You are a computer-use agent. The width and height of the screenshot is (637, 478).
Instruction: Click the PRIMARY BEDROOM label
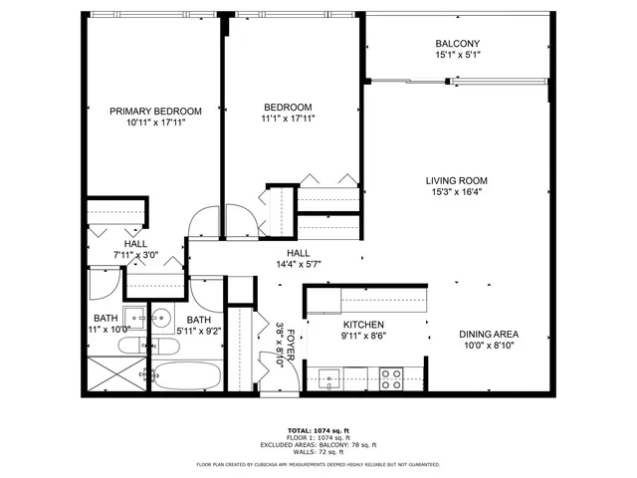[x=156, y=111]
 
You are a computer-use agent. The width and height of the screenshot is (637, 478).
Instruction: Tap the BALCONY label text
[x=457, y=44]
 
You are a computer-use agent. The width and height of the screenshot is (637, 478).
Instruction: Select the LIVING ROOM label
[x=457, y=180]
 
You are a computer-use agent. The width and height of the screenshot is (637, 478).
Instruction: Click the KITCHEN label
[x=363, y=325]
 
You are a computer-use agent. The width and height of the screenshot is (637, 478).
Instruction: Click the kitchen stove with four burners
[x=390, y=377]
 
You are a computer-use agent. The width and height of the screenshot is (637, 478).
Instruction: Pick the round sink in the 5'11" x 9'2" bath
[x=160, y=320]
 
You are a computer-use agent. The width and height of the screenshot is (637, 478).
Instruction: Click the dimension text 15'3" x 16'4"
[x=457, y=194]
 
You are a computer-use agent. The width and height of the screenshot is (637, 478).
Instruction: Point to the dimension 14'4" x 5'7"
[x=300, y=266]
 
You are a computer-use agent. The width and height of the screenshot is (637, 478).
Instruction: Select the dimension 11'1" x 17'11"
[x=288, y=120]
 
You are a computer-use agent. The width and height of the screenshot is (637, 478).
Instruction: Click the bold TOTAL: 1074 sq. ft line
[x=319, y=427]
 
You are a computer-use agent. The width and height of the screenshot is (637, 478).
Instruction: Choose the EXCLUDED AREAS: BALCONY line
[x=319, y=444]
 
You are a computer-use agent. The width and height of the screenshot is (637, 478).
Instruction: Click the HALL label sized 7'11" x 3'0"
[x=135, y=243]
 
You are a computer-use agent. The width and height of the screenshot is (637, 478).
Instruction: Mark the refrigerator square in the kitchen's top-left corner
[x=322, y=299]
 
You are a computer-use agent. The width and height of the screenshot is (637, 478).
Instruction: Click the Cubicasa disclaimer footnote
[x=319, y=464]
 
